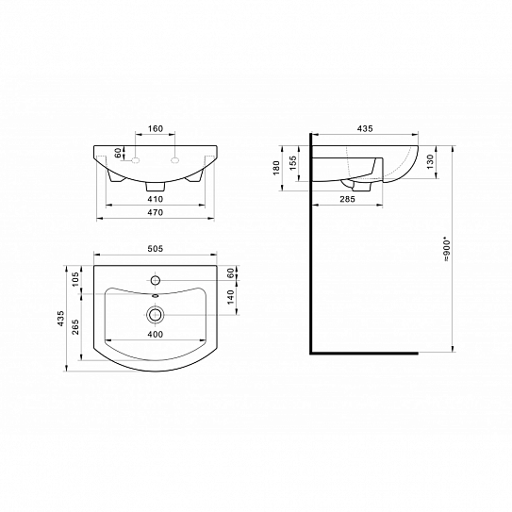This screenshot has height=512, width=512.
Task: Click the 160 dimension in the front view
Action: (x=156, y=129)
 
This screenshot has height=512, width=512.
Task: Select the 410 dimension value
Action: (x=156, y=200)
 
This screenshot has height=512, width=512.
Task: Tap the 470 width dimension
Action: (x=156, y=214)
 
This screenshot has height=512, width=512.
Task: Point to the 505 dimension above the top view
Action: (x=156, y=248)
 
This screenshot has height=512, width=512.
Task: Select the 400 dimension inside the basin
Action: (x=156, y=333)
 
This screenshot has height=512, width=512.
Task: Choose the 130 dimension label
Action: (x=430, y=161)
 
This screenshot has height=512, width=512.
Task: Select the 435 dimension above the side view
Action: (x=363, y=129)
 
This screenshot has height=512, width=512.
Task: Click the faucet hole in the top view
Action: (x=157, y=281)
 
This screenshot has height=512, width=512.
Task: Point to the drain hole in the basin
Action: (x=157, y=314)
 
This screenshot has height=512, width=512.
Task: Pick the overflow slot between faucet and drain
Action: (x=157, y=296)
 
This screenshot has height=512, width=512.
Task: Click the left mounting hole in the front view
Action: (x=136, y=161)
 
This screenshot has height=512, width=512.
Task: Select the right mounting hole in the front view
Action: (x=176, y=161)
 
